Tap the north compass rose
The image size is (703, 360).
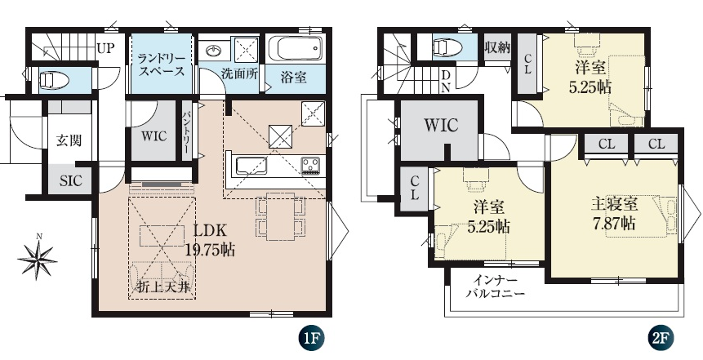[38, 258]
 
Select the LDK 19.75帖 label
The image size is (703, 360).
[210, 240]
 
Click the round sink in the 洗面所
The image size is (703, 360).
[214, 51]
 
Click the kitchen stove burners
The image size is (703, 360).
[310, 166]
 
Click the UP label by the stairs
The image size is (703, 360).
[106, 48]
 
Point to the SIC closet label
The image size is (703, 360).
[71, 180]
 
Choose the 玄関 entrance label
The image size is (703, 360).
[69, 140]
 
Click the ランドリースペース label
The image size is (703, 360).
[161, 64]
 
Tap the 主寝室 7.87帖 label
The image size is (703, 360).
[614, 214]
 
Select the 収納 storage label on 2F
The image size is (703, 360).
[497, 47]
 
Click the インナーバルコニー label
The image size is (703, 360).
[496, 287]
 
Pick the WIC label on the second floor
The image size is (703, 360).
[441, 125]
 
